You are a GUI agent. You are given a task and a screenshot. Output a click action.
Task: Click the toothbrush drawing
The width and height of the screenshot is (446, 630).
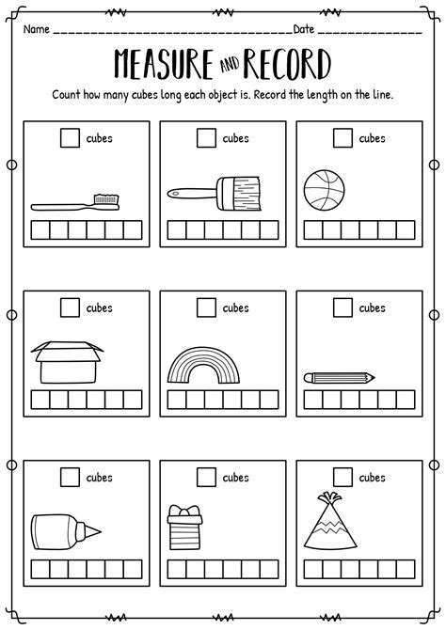(75, 202)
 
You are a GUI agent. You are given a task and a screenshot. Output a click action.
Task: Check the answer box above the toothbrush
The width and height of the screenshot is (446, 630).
(69, 139)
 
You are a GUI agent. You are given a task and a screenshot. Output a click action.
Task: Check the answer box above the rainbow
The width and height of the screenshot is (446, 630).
(205, 307)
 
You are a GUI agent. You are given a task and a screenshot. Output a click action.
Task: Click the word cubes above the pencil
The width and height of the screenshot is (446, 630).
(372, 307)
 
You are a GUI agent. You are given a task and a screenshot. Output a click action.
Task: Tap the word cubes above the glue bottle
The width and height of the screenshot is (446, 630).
(101, 478)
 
